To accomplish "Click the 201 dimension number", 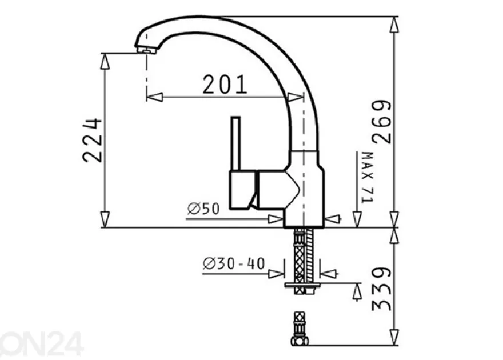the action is [x=225, y=85].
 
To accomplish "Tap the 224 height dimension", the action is [x=93, y=141].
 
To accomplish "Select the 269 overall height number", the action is [x=382, y=122].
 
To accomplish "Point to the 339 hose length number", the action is [x=382, y=289].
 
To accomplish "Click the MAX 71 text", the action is [x=368, y=177].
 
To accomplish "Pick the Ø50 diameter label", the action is [x=203, y=209].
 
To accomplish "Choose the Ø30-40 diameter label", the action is [x=234, y=264].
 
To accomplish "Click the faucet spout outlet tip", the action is [x=147, y=50].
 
